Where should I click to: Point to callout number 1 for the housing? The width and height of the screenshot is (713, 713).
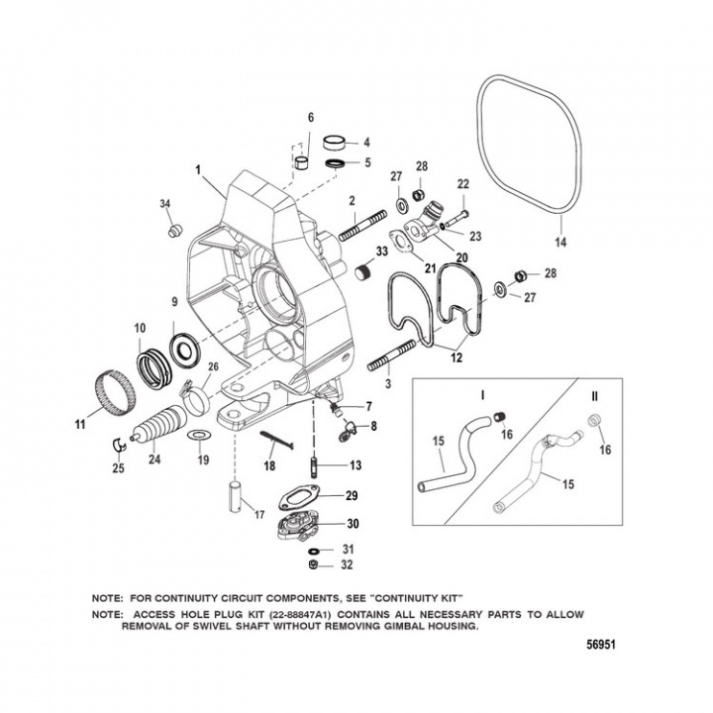(199, 168)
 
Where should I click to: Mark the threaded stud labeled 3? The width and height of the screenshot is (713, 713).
(394, 356)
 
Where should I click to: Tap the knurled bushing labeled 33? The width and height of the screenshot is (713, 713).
(364, 272)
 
